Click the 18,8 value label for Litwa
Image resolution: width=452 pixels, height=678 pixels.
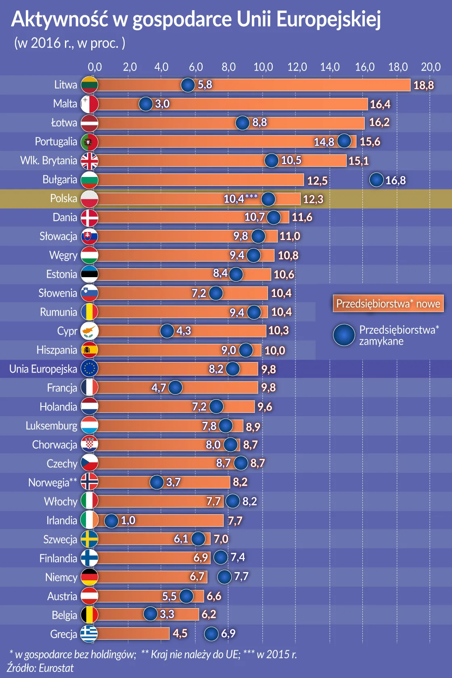click(x=423, y=85)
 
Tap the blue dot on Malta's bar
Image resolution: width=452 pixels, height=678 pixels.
click(x=146, y=104)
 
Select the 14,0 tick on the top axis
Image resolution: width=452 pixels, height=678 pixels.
click(x=330, y=67)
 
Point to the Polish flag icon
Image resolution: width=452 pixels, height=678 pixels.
click(x=89, y=199)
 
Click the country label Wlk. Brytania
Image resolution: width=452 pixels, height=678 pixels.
click(x=48, y=161)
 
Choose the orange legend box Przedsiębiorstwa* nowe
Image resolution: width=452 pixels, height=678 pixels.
click(x=388, y=304)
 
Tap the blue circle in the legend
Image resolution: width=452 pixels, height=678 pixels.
click(x=344, y=335)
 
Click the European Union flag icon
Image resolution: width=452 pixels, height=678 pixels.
click(x=89, y=369)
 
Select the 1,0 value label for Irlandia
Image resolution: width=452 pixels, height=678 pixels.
click(x=128, y=520)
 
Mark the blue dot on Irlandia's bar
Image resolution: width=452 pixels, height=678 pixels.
click(x=111, y=520)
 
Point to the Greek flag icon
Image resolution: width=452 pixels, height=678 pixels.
click(x=89, y=634)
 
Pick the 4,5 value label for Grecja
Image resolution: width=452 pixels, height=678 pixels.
click(x=180, y=633)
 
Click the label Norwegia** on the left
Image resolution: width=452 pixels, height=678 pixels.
click(x=52, y=482)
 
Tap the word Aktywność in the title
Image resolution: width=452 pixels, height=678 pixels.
click(x=60, y=19)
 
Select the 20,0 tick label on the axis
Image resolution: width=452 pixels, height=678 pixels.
click(x=431, y=67)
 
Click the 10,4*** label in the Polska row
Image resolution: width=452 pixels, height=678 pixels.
click(x=240, y=198)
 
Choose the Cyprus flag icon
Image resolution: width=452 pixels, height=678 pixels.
click(x=89, y=331)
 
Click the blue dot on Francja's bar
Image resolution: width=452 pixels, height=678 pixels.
click(x=175, y=387)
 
